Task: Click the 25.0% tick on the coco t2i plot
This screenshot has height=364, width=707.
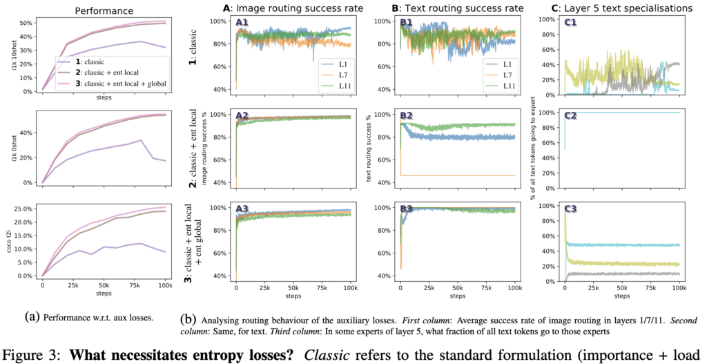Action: tap(26, 209)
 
